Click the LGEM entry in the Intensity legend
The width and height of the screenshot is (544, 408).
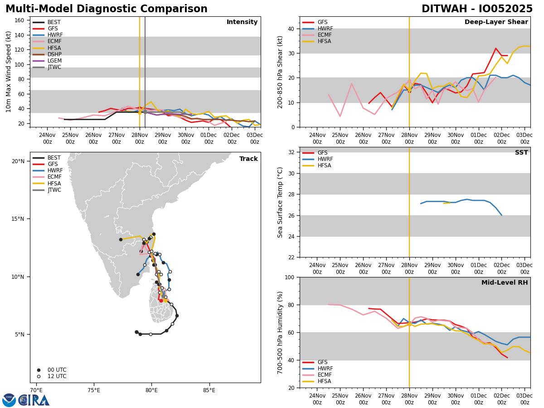(54, 61)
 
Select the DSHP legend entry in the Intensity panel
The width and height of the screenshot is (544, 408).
(54, 54)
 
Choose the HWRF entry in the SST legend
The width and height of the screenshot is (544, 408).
(325, 159)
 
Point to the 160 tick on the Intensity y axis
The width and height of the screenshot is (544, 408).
(20, 20)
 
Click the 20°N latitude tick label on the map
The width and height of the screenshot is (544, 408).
(18, 161)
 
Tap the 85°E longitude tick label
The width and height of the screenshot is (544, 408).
(209, 390)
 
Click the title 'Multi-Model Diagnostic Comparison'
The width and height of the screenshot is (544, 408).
(107, 9)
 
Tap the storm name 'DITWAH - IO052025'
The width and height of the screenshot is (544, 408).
(477, 9)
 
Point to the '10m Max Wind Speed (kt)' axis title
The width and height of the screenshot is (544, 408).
(9, 72)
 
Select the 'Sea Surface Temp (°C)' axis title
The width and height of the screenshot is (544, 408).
(280, 202)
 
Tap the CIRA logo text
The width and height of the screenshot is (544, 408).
(34, 400)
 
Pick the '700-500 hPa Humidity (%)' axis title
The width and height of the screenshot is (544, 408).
(280, 332)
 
